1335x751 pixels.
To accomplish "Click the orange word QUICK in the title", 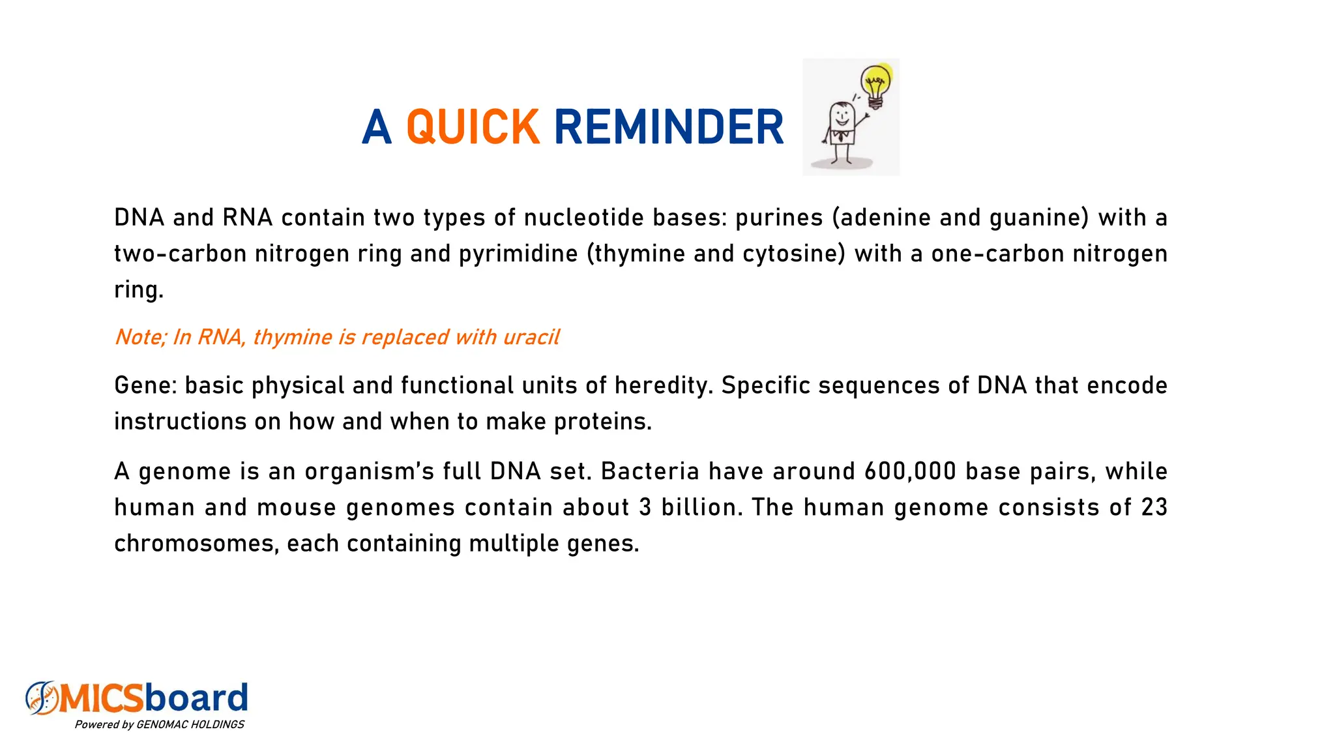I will click(x=473, y=127).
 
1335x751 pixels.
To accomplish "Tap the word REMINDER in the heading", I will click(x=668, y=127).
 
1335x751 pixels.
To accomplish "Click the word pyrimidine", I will click(x=518, y=254).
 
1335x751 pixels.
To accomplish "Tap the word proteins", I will click(x=602, y=422).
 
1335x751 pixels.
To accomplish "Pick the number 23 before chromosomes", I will click(x=1154, y=508).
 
